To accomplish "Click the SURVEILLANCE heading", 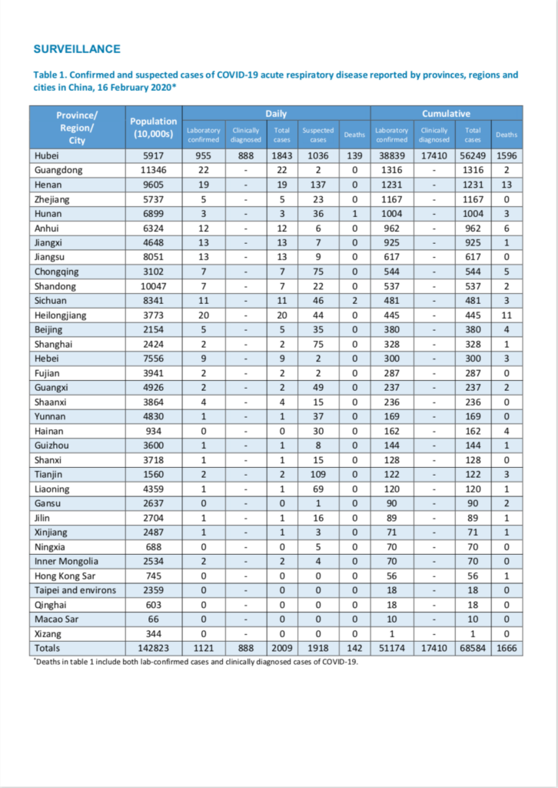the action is click(x=77, y=49).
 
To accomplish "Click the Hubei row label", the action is click(x=47, y=155).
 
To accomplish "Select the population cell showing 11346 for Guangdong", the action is click(x=154, y=170).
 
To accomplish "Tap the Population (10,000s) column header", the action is click(x=154, y=128).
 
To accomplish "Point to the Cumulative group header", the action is click(x=446, y=114).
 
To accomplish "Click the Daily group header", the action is click(x=276, y=114).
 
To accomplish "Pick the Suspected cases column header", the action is click(x=318, y=135).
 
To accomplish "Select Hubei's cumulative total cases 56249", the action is click(x=473, y=155).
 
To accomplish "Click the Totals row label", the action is click(x=47, y=648).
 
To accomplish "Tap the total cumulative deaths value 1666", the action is click(x=507, y=648).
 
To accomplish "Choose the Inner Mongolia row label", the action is click(x=66, y=561).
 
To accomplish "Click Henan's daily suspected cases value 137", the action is click(x=318, y=185).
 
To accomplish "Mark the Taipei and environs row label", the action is click(x=75, y=590).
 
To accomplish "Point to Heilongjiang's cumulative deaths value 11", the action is click(x=507, y=316).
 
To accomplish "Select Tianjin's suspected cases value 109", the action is click(x=318, y=474).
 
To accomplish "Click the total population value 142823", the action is click(x=154, y=648).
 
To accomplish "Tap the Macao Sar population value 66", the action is click(x=154, y=619).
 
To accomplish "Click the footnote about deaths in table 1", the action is click(x=196, y=662).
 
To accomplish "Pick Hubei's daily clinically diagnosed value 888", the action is click(x=246, y=155).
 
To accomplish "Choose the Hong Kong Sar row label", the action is click(x=65, y=576).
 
